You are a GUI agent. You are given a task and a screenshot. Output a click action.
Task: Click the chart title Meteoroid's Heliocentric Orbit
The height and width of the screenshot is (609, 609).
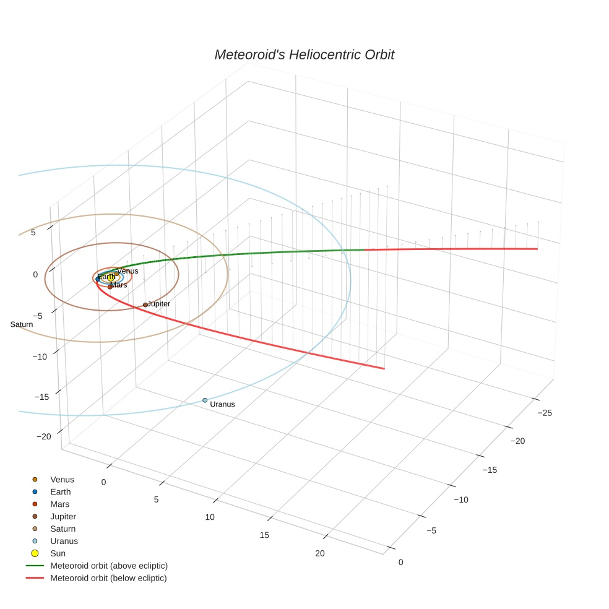(x=304, y=55)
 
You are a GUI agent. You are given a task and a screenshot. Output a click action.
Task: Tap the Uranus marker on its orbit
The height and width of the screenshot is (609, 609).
(x=205, y=400)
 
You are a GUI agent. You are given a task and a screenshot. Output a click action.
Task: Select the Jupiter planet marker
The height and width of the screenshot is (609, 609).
(x=145, y=304)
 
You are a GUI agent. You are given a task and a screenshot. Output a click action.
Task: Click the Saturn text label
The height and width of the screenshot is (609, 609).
(x=22, y=324)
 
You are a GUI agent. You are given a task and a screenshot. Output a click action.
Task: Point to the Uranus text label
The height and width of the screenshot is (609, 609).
(x=222, y=404)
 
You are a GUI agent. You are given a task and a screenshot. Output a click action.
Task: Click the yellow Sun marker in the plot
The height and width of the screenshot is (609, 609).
(x=111, y=278)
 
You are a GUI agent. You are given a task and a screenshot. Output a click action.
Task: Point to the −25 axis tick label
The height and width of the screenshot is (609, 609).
(x=544, y=412)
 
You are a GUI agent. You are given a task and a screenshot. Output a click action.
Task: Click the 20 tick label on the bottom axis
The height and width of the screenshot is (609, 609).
(x=319, y=553)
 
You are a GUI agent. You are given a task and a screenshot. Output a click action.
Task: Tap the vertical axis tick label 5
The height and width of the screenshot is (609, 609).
(x=34, y=232)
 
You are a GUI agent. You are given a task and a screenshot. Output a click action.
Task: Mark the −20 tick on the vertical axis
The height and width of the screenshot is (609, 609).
(x=44, y=436)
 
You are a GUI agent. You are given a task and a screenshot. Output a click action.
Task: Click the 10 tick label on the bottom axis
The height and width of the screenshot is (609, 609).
(x=210, y=517)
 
